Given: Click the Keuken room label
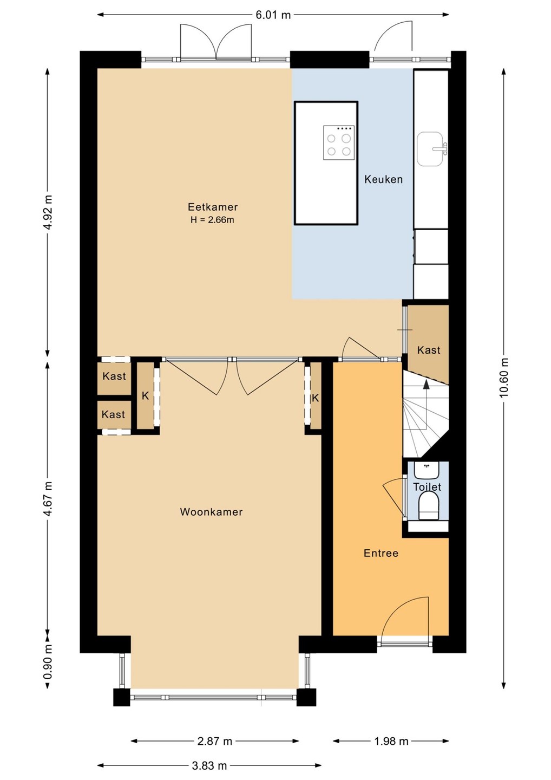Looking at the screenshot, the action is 383,179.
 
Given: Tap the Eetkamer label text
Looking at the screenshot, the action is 213,207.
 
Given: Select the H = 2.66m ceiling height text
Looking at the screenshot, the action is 212,220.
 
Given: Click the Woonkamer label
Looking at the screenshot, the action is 211,511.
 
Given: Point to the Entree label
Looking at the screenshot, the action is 381,553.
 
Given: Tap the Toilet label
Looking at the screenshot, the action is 427,487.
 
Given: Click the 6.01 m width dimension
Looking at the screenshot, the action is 273,15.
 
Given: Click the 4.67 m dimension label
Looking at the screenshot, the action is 48,499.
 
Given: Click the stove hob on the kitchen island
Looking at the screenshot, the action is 339,143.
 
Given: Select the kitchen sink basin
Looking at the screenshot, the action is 431,148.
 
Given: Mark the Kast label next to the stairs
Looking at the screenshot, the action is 429,350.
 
